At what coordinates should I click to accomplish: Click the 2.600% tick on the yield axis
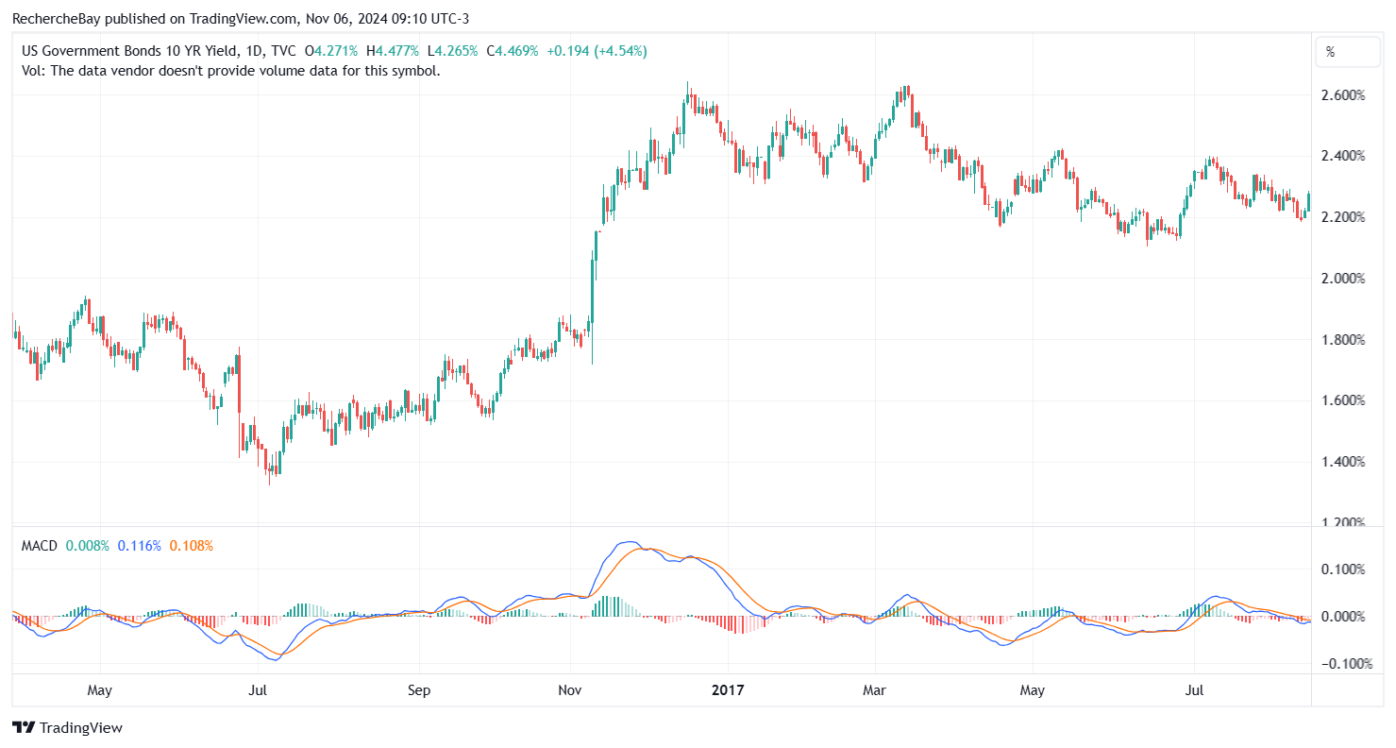click(1345, 95)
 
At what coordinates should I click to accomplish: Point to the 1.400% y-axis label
click(1345, 462)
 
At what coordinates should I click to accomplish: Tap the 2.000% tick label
click(1345, 279)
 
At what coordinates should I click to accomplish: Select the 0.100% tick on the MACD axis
click(1345, 569)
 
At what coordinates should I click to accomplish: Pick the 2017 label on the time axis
click(728, 690)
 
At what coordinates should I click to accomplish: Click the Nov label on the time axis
click(570, 690)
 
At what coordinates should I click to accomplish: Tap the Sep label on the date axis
click(419, 690)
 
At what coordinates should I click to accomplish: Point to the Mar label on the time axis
click(874, 690)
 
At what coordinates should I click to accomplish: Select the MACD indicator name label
click(39, 546)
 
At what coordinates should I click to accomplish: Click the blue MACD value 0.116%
click(140, 546)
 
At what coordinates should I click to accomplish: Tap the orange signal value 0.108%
click(192, 546)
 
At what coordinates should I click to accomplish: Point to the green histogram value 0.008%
click(88, 546)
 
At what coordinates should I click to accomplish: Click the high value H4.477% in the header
click(392, 51)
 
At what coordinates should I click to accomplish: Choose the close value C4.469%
click(512, 51)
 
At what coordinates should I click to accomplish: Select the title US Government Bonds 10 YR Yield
click(128, 51)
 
